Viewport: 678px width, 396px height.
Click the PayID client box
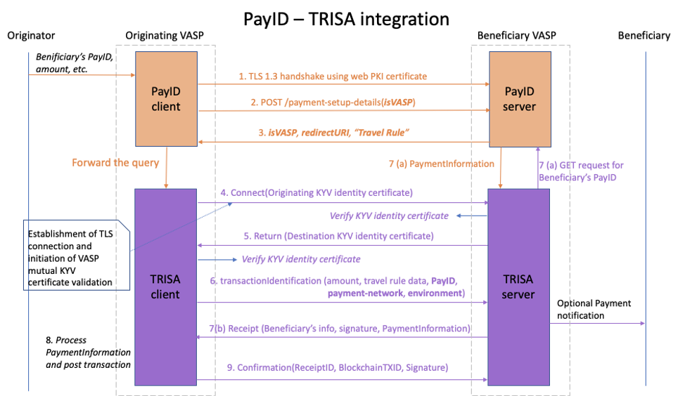tap(166, 100)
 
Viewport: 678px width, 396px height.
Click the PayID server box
tap(520, 100)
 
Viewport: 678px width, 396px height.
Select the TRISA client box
tap(166, 286)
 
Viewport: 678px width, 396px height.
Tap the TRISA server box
tap(518, 286)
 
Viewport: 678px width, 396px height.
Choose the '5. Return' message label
tap(338, 235)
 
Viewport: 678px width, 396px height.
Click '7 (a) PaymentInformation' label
tap(441, 164)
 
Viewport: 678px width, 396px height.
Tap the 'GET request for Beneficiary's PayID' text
tap(581, 171)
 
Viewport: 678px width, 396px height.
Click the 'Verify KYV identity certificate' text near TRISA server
tap(389, 215)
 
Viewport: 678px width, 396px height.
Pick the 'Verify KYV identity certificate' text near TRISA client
tap(301, 259)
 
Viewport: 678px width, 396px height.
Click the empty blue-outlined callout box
tap(76, 254)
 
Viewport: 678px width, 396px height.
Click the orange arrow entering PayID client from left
tap(82, 75)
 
